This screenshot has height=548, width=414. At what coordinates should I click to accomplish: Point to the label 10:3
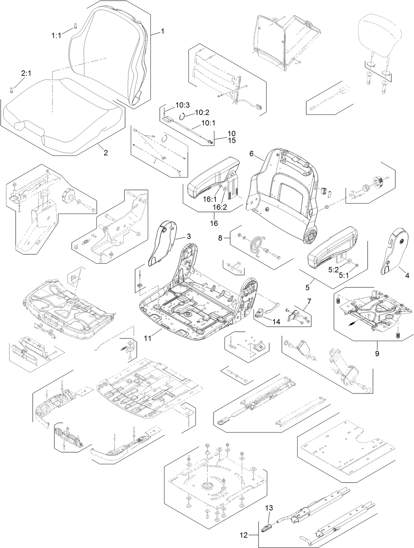pyautogui.click(x=182, y=105)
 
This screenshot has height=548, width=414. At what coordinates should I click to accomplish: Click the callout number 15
pyautogui.click(x=231, y=141)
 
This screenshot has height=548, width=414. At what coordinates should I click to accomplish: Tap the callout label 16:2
pyautogui.click(x=220, y=207)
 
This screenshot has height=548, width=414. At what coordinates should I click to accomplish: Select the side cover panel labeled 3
pyautogui.click(x=161, y=245)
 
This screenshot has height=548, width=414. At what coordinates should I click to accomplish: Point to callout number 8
pyautogui.click(x=220, y=238)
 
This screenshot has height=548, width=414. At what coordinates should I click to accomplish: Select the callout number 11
pyautogui.click(x=147, y=338)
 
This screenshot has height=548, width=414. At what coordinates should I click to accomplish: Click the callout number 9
pyautogui.click(x=377, y=354)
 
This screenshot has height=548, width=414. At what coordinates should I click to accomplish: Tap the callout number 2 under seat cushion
pyautogui.click(x=105, y=153)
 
